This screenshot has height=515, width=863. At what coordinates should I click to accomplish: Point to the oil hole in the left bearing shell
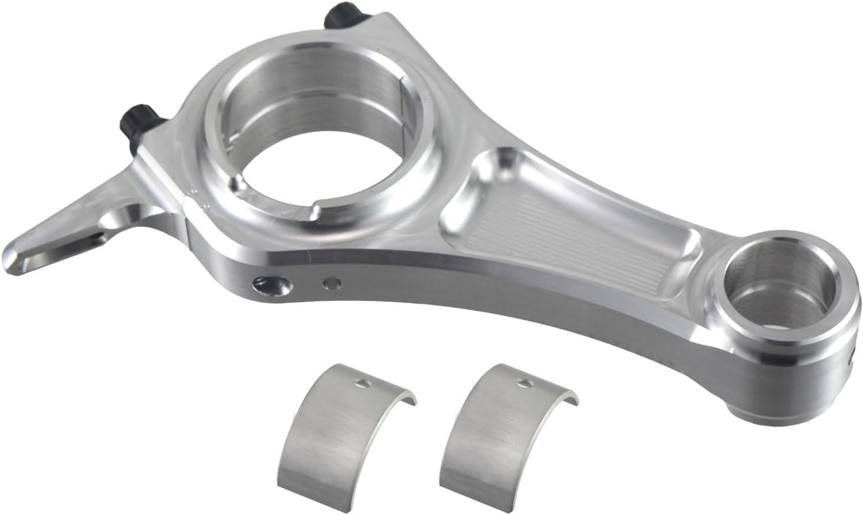click(x=362, y=384)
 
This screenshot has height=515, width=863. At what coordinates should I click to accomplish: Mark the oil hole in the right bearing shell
click(x=521, y=383)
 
